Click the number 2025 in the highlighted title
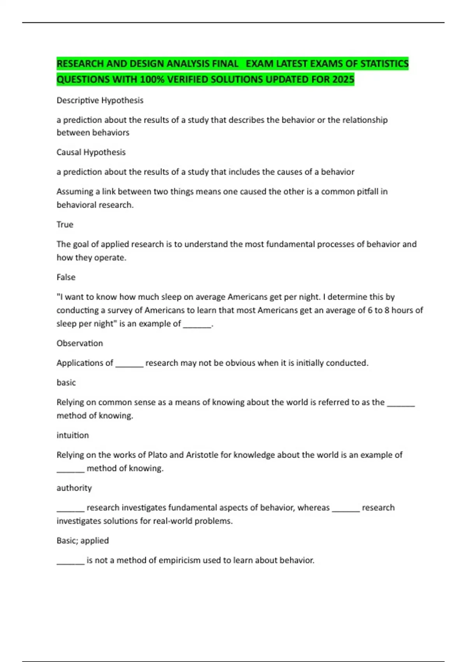click(x=343, y=79)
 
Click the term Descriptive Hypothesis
click(x=100, y=100)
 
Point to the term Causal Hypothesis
click(x=91, y=152)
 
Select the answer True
click(x=65, y=224)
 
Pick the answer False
click(x=66, y=277)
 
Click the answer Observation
click(x=80, y=343)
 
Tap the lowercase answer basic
click(x=66, y=383)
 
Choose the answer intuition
click(x=73, y=435)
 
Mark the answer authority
click(x=74, y=488)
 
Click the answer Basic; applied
click(x=83, y=541)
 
